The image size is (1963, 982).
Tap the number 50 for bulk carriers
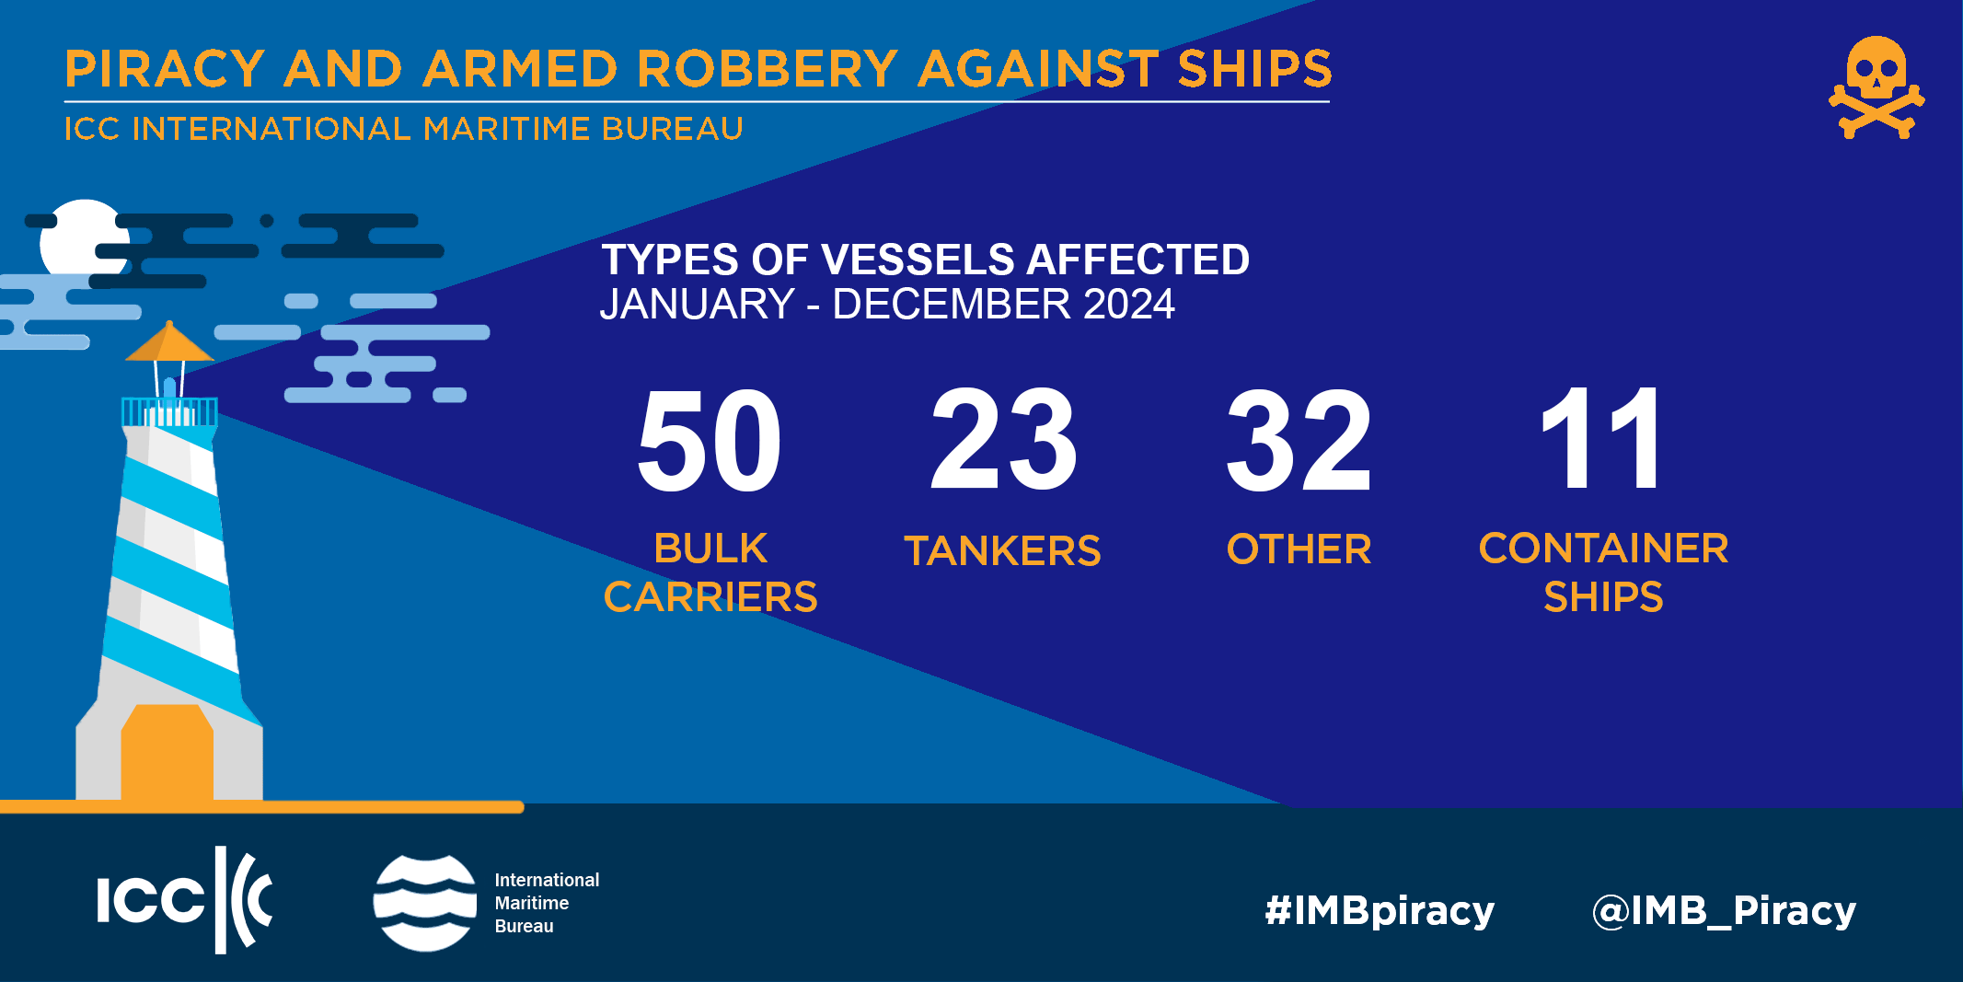709,440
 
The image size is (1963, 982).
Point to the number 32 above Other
1299,440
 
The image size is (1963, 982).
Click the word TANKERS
1002,550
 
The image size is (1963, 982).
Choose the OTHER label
1299,549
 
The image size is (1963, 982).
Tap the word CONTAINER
1603,549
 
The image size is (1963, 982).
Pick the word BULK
710,549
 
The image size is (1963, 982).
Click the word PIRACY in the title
165,69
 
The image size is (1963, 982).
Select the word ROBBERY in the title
768,69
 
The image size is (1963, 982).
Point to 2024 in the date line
1129,305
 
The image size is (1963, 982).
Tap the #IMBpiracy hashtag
1380,911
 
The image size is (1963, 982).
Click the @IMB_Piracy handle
1724,911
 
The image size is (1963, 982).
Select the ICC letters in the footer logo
150,899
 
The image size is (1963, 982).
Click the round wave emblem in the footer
425,903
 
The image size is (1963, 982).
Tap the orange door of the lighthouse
167,752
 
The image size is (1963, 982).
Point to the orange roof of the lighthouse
169,341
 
